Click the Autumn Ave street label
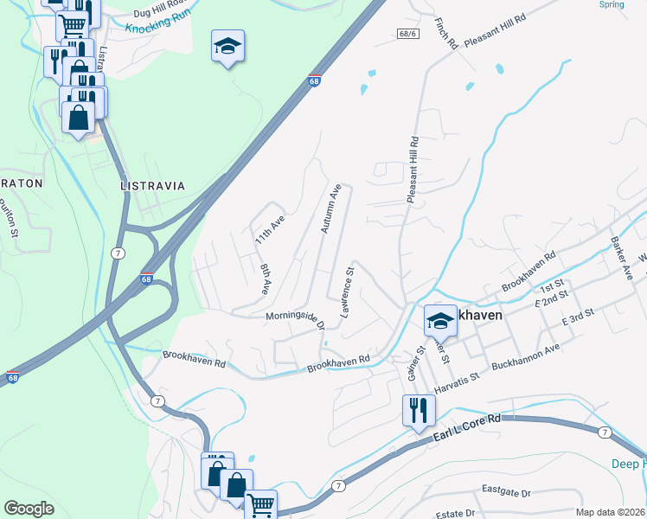(x=331, y=208)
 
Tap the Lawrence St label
(x=348, y=292)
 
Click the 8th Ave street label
(x=266, y=279)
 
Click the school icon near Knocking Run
(x=228, y=45)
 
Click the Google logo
(x=29, y=509)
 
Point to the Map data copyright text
(x=610, y=512)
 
